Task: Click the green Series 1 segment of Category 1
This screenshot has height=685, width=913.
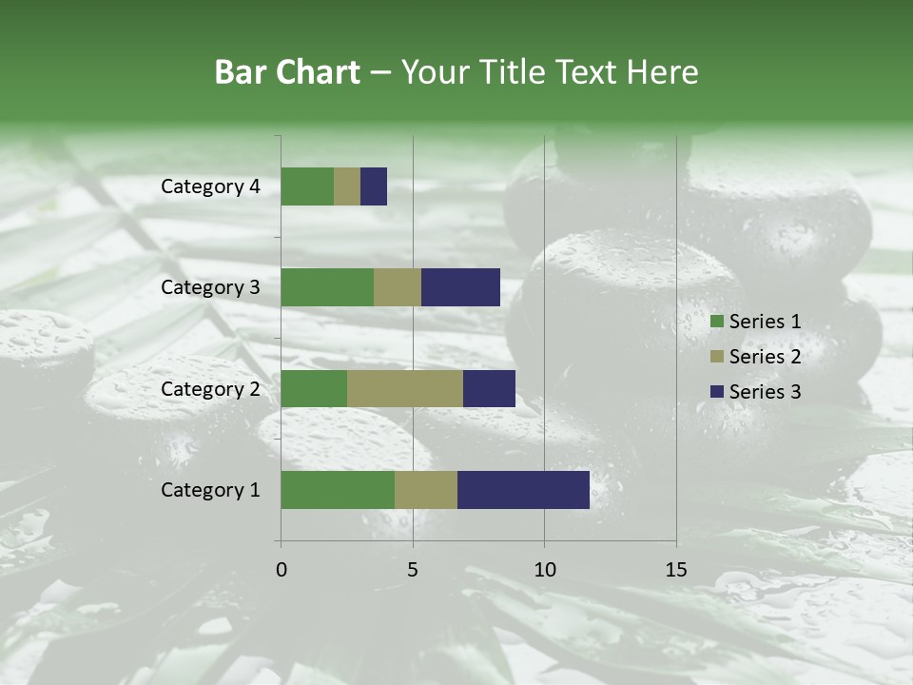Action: (338, 490)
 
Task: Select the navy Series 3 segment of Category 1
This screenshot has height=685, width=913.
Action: (523, 490)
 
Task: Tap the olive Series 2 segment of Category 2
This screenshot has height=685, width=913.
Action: (405, 388)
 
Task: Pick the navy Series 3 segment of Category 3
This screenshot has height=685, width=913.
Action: (460, 287)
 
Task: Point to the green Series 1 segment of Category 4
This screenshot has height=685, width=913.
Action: (307, 186)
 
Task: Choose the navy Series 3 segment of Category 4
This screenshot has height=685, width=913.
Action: (374, 186)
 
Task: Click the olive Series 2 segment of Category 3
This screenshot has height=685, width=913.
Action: (398, 287)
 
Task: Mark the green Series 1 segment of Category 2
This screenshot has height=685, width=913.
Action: (314, 388)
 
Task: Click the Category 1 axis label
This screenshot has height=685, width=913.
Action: (210, 490)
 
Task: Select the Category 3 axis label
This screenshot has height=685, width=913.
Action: (210, 287)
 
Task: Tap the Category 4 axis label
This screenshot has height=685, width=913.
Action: (210, 186)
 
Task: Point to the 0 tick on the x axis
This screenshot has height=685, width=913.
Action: (282, 570)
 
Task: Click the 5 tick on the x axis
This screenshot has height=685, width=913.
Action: (413, 570)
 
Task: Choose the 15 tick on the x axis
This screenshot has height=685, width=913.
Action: (675, 570)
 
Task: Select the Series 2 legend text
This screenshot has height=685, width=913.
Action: (765, 357)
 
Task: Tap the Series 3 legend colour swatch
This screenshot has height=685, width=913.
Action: (716, 391)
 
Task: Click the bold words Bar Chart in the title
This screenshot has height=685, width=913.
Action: (287, 72)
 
